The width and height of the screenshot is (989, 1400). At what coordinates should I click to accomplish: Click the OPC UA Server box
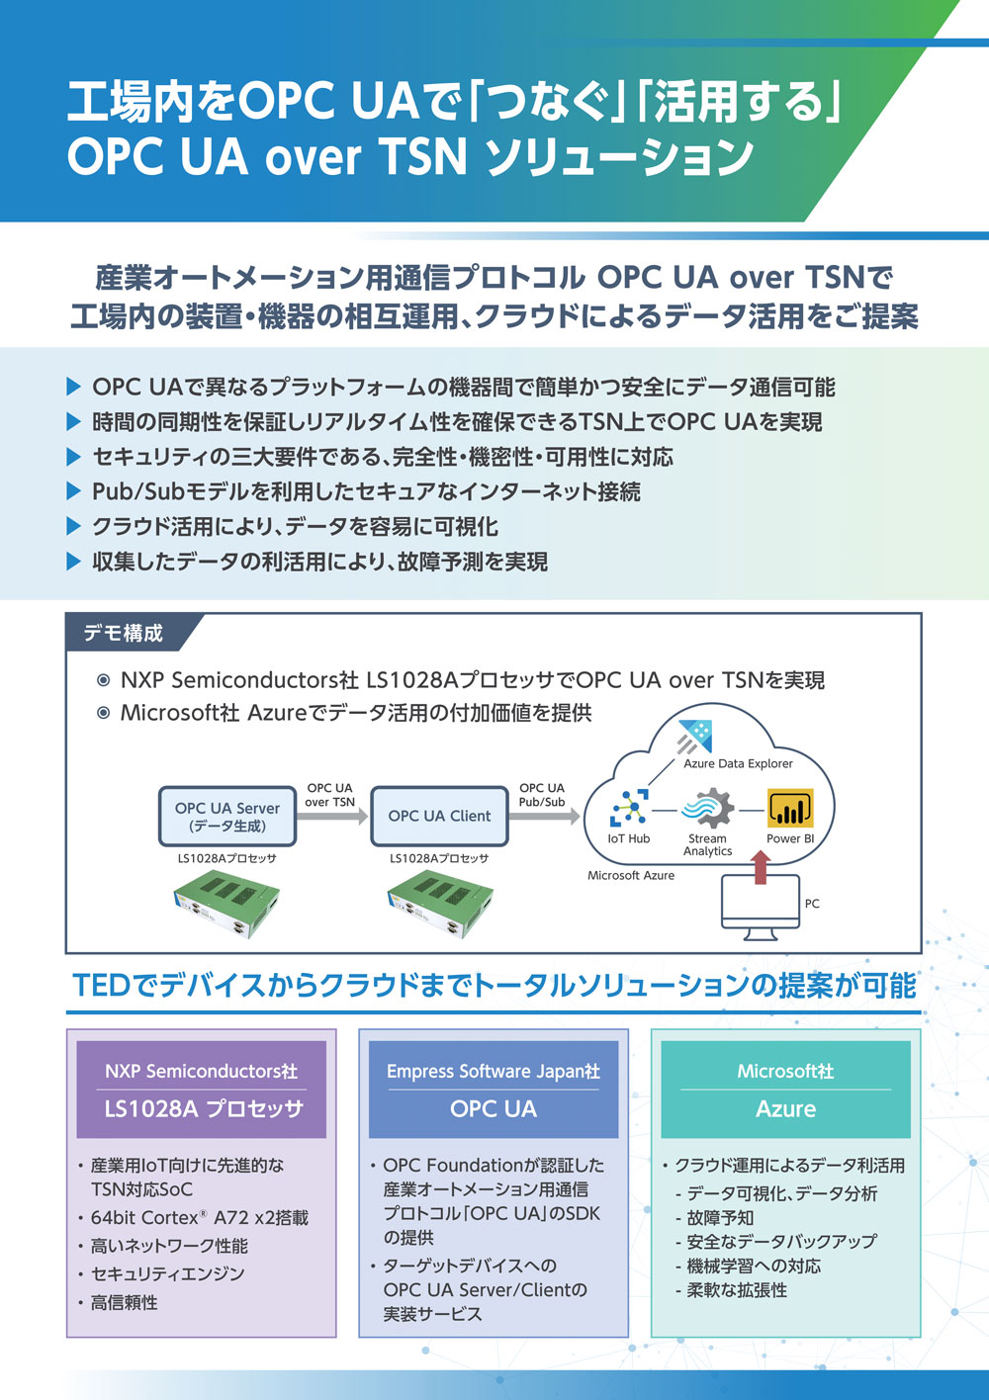pyautogui.click(x=226, y=817)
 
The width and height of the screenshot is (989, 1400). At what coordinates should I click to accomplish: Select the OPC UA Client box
pyautogui.click(x=439, y=817)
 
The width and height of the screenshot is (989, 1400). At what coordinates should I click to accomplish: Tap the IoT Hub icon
pyautogui.click(x=629, y=808)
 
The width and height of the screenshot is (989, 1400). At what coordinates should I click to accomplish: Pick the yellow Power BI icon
pyautogui.click(x=790, y=808)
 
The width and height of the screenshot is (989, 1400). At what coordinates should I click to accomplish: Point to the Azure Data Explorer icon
pyautogui.click(x=695, y=737)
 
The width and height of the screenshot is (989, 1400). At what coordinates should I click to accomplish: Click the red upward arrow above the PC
pyautogui.click(x=761, y=868)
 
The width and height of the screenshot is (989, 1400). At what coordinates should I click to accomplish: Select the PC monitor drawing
pyautogui.click(x=761, y=907)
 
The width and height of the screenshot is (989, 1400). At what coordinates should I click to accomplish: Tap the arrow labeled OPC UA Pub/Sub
pyautogui.click(x=545, y=817)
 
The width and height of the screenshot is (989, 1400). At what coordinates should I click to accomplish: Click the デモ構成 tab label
pyautogui.click(x=124, y=634)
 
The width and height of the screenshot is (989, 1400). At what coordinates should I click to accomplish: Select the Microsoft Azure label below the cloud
pyautogui.click(x=631, y=876)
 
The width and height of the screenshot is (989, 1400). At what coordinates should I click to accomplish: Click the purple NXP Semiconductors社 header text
pyautogui.click(x=202, y=1071)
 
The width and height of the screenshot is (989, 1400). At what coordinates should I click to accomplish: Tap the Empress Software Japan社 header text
pyautogui.click(x=494, y=1071)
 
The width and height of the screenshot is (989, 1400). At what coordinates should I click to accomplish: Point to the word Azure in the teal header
pyautogui.click(x=786, y=1109)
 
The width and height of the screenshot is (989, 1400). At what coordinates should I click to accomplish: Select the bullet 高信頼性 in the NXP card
pyautogui.click(x=124, y=1303)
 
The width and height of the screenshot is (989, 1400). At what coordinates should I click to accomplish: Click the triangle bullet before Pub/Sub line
pyautogui.click(x=74, y=491)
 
